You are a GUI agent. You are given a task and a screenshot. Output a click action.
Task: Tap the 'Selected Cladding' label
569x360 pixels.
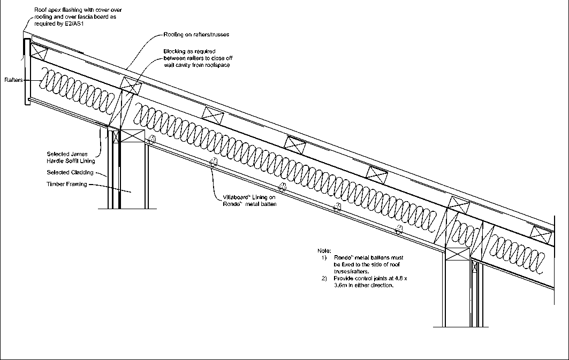[70, 173]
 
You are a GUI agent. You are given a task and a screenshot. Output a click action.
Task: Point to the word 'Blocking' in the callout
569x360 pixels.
[175, 51]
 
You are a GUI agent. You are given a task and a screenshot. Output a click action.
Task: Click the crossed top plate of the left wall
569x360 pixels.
[133, 136]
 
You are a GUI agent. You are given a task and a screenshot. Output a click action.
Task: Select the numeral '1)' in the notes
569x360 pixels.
[324, 258]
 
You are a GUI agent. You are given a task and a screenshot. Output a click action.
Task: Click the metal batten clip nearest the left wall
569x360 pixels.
[152, 141]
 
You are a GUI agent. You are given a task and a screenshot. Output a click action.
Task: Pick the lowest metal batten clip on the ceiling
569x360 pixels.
[399, 231]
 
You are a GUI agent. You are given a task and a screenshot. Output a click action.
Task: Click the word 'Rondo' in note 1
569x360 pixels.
[341, 258]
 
